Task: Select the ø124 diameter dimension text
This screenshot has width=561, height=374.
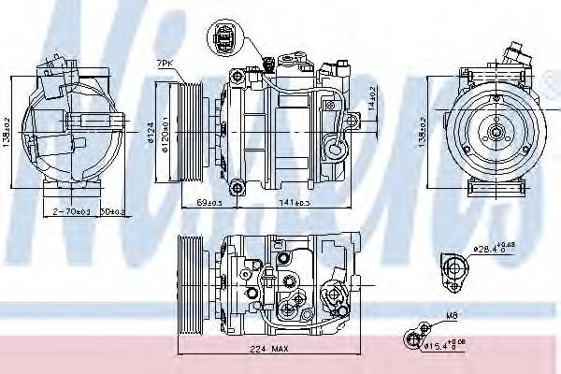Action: click(151, 132)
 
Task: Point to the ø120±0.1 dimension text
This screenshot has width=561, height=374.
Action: click(164, 132)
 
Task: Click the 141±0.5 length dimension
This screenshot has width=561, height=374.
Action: click(295, 202)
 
